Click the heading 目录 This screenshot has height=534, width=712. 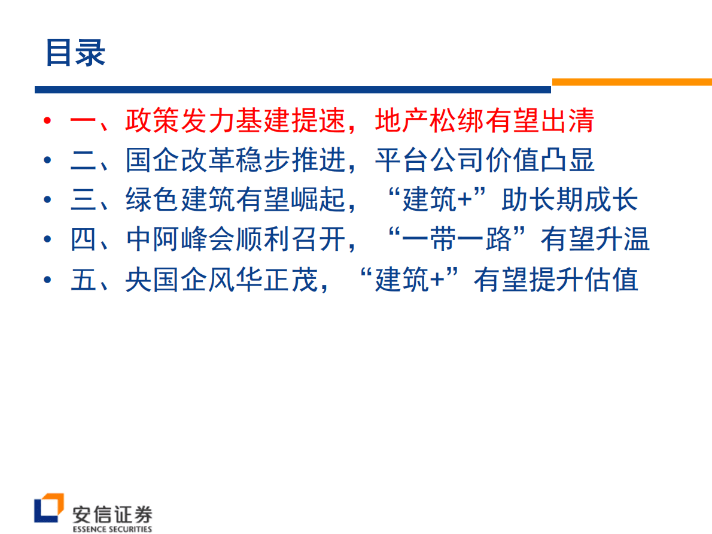coord(75,53)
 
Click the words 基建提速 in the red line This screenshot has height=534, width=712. coord(291,121)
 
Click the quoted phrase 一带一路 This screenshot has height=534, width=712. coord(458,239)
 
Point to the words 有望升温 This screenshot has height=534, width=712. coord(595,239)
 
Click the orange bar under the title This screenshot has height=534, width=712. coord(631,82)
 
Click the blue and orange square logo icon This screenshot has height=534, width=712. coord(48,509)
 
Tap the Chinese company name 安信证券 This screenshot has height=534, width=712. coord(112,513)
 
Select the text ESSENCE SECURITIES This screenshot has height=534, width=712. coord(112,529)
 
